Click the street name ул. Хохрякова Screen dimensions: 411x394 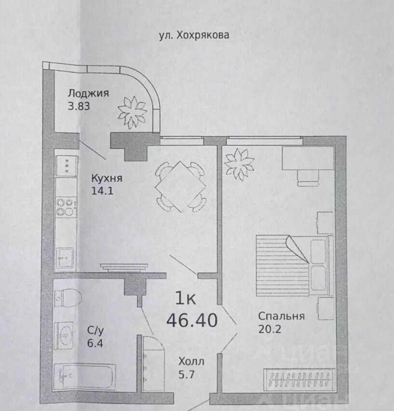(x=193, y=35)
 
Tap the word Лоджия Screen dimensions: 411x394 (x=88, y=93)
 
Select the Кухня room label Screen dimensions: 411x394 (x=107, y=178)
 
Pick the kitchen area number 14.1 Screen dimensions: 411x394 (x=101, y=191)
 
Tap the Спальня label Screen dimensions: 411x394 (x=281, y=316)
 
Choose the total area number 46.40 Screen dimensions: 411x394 (x=191, y=319)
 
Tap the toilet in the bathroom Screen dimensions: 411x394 (x=65, y=296)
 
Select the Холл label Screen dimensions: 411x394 (x=191, y=361)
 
